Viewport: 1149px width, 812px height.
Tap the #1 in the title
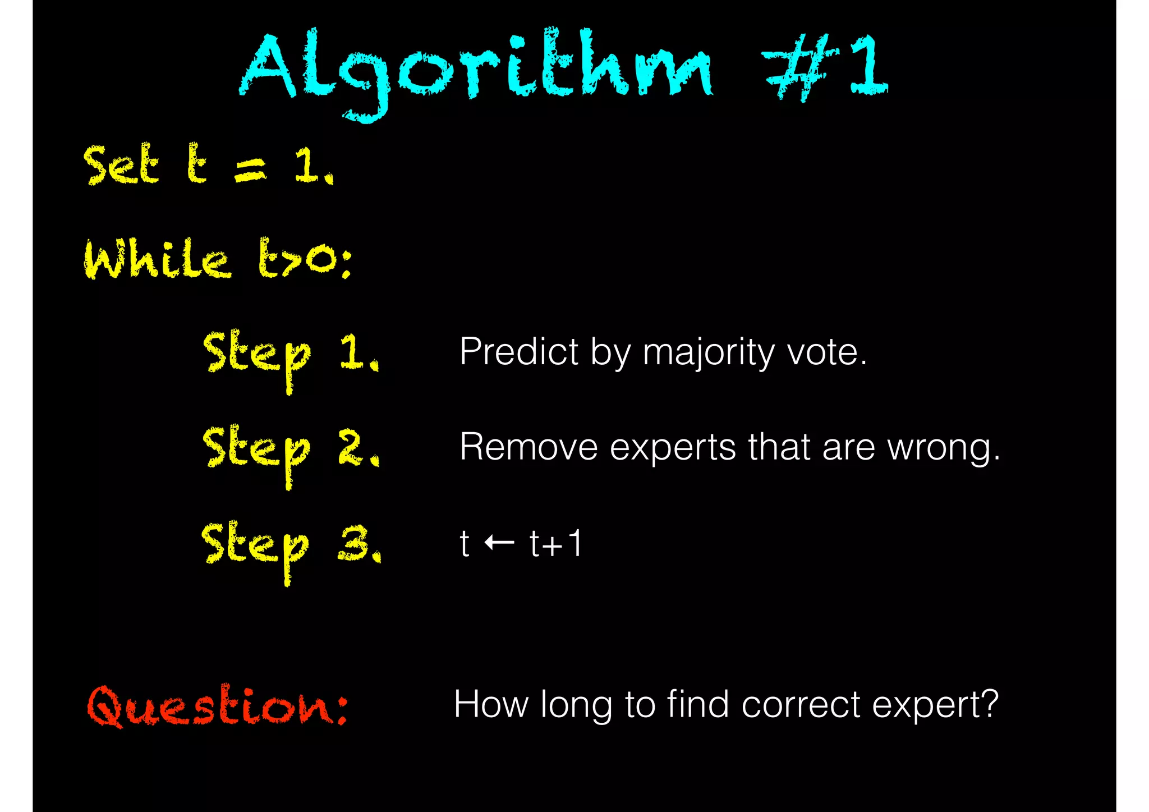(825, 67)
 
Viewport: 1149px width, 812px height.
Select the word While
(157, 259)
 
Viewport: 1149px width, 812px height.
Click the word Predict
(519, 352)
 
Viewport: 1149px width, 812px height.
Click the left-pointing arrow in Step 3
(499, 543)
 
